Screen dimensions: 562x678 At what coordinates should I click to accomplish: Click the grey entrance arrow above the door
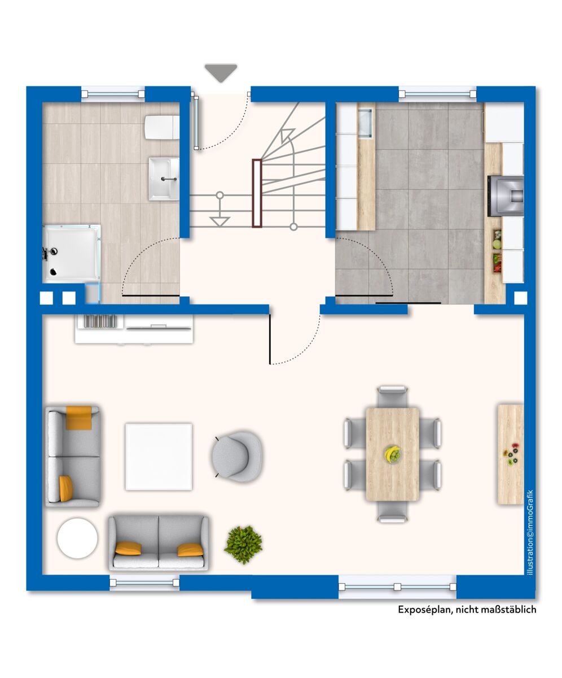(x=221, y=73)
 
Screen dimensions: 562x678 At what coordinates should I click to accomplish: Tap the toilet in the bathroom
(x=162, y=127)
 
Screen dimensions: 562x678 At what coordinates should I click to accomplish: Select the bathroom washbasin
(x=164, y=179)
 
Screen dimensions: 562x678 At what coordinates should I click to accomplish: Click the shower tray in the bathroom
(x=72, y=253)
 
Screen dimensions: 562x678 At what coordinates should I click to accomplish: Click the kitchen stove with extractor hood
(x=506, y=196)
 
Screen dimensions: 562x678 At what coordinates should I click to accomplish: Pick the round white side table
(x=77, y=538)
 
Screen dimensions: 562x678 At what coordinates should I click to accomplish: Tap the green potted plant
(x=243, y=545)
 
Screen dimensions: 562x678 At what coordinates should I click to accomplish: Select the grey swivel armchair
(x=236, y=456)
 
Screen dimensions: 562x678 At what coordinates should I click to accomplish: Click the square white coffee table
(x=159, y=456)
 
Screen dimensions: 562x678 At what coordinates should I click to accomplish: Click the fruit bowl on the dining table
(x=393, y=453)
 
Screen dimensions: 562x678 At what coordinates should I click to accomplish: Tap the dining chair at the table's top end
(x=392, y=397)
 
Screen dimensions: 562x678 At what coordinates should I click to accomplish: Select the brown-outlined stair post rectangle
(x=257, y=193)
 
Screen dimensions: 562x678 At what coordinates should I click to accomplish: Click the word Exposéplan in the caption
(x=425, y=610)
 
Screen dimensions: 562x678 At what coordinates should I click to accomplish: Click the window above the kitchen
(x=437, y=94)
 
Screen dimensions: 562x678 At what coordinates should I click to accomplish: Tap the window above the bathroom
(x=113, y=94)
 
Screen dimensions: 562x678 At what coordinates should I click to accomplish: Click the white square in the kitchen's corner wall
(x=520, y=298)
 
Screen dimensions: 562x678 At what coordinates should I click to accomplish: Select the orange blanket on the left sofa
(x=79, y=418)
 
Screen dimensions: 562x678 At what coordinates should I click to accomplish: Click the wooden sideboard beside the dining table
(x=511, y=454)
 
